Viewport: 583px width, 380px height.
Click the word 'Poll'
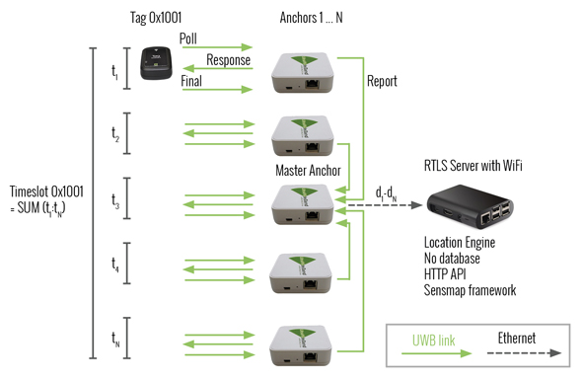pyautogui.click(x=189, y=38)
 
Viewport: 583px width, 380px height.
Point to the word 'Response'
pyautogui.click(x=230, y=61)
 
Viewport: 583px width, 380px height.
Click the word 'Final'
pyautogui.click(x=191, y=83)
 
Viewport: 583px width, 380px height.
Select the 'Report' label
pyautogui.click(x=381, y=82)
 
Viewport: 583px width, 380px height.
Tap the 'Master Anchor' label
pyautogui.click(x=309, y=172)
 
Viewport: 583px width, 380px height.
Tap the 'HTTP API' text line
pyautogui.click(x=447, y=274)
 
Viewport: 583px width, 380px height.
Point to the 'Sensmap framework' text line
pyautogui.click(x=470, y=290)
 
